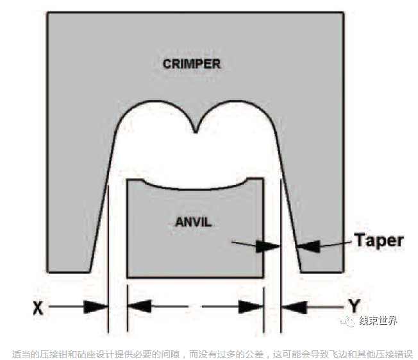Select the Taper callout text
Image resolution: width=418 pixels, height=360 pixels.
click(x=378, y=241)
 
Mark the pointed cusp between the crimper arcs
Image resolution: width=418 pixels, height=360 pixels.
click(x=196, y=132)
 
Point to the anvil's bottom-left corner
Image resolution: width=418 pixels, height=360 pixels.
click(x=128, y=277)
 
